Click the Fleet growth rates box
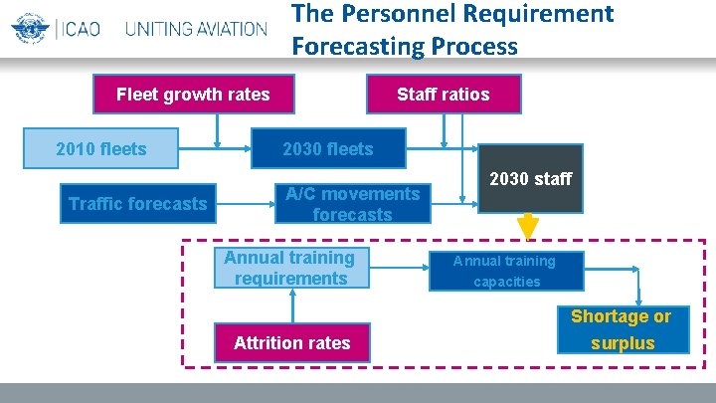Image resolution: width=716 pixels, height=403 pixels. tap(193, 95)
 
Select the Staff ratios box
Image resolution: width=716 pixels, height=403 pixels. tap(443, 95)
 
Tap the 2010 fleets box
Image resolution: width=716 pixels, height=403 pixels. tap(101, 149)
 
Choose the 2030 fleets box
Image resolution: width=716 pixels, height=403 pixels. tap(329, 149)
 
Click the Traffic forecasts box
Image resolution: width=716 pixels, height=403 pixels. tap(138, 204)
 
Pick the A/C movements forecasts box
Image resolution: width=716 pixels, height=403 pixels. tap(353, 204)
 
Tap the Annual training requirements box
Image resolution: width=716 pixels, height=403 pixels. tap(289, 269)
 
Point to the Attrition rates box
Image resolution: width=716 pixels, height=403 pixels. tap(292, 342)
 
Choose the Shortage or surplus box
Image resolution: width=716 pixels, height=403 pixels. tap(621, 329)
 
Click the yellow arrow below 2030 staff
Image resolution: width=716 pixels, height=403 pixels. tap(528, 228)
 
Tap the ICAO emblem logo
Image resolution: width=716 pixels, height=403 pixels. tap(30, 27)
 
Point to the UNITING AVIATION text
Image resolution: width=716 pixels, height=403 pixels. tap(196, 28)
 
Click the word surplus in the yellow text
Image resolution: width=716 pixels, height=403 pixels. tap(623, 343)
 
